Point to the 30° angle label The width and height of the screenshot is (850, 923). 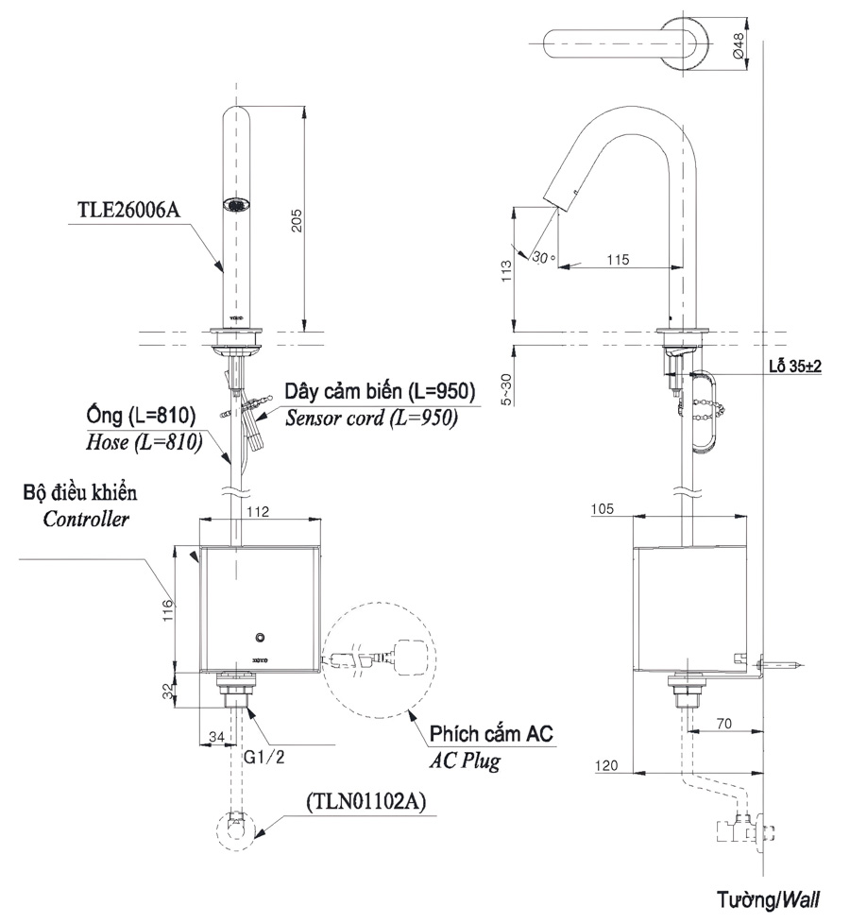[x=541, y=256]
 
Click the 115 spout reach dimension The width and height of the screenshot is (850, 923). [x=618, y=258]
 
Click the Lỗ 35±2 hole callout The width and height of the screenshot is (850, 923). [x=793, y=367]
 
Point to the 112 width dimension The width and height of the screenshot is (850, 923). [x=259, y=511]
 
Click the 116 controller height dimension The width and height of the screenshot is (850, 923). [x=166, y=609]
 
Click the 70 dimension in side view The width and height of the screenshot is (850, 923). [x=725, y=724]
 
